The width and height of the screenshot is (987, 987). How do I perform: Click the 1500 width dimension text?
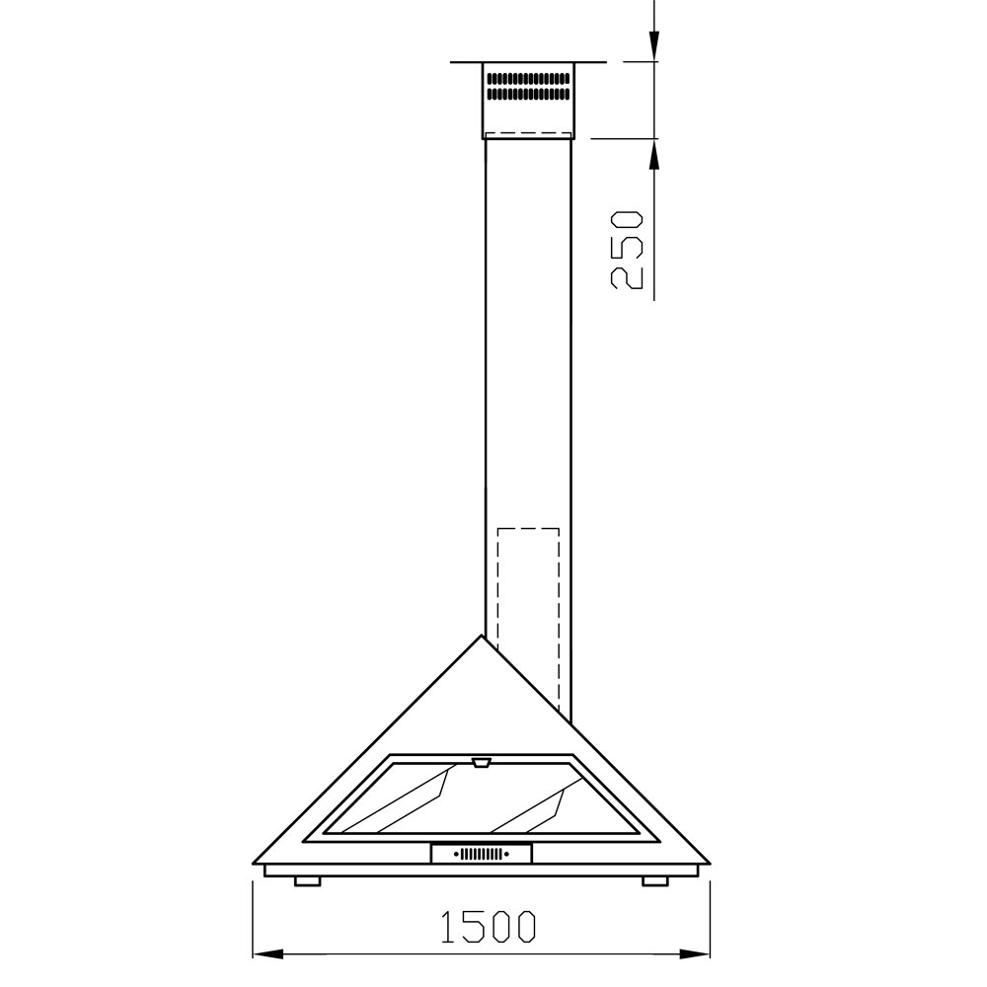489,926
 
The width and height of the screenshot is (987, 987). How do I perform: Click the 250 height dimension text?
627,250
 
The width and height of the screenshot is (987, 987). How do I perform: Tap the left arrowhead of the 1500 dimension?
268,954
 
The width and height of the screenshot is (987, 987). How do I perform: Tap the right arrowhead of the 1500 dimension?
694,954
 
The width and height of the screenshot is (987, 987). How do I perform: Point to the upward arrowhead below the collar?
654,154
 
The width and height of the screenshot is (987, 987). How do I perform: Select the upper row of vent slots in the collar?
529,79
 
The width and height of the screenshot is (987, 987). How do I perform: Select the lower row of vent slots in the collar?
529,94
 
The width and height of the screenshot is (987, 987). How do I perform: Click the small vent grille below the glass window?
482,854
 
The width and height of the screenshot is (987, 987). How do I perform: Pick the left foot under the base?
308,881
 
